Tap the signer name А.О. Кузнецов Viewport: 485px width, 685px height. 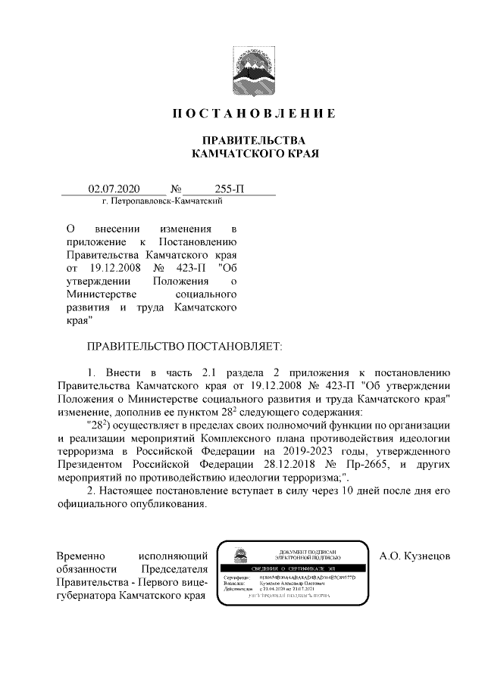[x=415, y=556]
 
